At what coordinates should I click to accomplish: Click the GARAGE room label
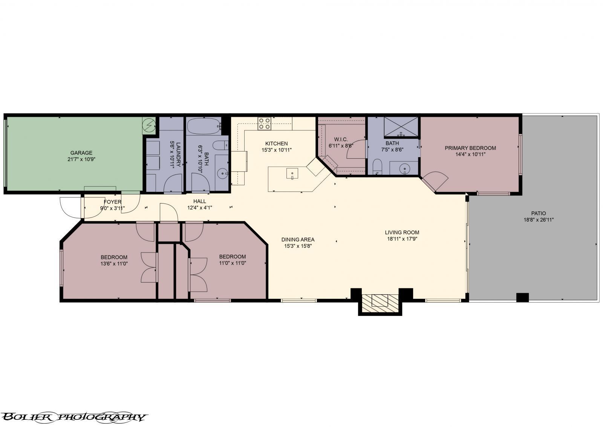coord(81,153)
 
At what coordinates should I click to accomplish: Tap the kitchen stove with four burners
coord(264,124)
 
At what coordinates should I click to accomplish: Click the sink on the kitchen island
coord(292,173)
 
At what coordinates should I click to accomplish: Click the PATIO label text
coord(539,213)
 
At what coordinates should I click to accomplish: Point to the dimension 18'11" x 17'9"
coord(402,239)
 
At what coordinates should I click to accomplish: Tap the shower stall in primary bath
coord(401,127)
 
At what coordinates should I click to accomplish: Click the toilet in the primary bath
coord(377,167)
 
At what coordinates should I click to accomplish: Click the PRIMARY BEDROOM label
coord(470,148)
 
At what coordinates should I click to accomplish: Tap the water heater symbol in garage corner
coord(149,125)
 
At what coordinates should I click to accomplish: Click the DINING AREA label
coord(298,239)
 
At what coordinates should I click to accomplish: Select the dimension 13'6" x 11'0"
coord(114,263)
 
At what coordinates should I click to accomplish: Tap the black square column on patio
coord(522,297)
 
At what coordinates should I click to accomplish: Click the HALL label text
coord(199,201)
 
